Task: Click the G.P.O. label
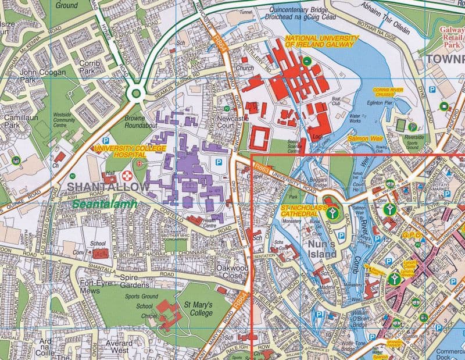414,235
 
